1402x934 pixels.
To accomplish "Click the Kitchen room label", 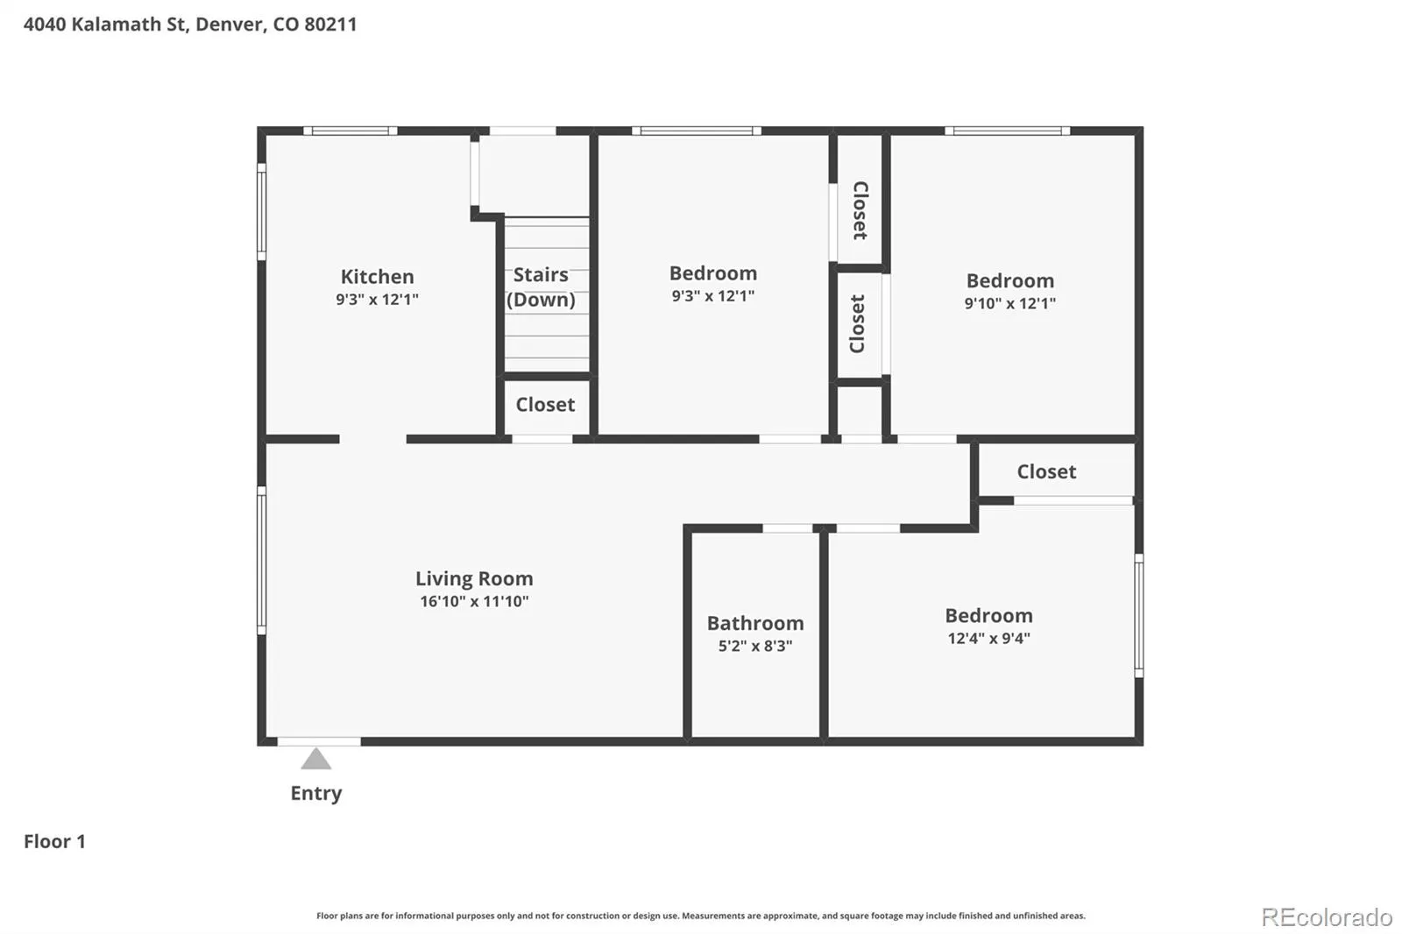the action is pos(377,276).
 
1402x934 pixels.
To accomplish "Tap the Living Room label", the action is pos(474,577).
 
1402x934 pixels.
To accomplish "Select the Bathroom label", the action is pos(755,623).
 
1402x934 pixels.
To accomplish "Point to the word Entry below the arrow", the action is pos(316,793).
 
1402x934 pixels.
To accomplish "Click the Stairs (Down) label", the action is pos(541,287).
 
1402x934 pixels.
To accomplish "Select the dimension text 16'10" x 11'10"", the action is pos(474,601).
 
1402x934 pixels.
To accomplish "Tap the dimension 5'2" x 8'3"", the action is pos(755,646).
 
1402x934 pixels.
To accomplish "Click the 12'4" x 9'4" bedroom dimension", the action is pos(989,638).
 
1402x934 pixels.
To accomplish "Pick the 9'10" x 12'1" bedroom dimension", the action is pos(1009,303).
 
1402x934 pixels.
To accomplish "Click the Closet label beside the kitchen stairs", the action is pos(545,405).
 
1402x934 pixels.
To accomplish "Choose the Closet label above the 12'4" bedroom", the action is pos(1046,471).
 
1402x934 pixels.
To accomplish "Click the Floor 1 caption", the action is pos(54,841).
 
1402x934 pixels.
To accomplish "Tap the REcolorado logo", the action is pos(1327,917).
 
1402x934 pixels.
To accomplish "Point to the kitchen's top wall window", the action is pos(350,131).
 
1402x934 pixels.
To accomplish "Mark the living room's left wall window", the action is pos(262,560).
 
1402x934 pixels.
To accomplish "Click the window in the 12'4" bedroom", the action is pos(1139,615).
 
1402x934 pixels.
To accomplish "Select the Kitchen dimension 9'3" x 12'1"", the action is pos(377,299).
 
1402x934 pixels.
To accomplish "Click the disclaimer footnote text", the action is pos(701,916).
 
